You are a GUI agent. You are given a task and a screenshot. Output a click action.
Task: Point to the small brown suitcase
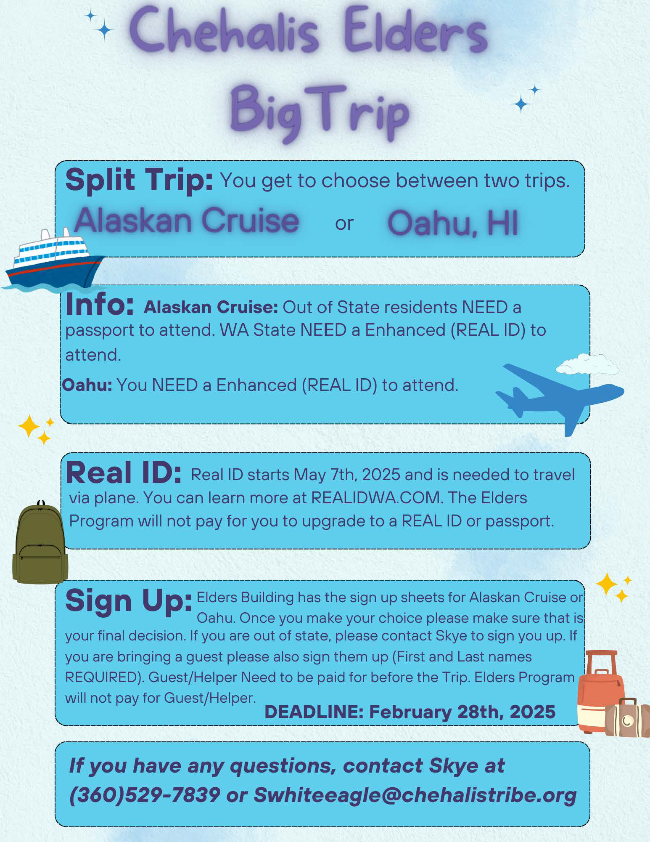[x=627, y=717]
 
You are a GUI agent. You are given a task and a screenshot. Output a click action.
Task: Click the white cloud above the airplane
[x=587, y=364]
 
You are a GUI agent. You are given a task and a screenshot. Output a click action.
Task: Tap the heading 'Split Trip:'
[x=139, y=180]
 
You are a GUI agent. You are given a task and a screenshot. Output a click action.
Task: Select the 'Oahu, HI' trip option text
[x=453, y=223]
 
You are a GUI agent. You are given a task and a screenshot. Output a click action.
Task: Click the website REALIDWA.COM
[x=377, y=498]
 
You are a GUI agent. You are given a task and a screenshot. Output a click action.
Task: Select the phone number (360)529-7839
[x=145, y=795]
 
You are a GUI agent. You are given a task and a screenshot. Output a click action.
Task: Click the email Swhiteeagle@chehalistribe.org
[x=415, y=795]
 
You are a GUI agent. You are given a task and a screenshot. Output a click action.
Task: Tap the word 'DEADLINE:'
[x=314, y=712]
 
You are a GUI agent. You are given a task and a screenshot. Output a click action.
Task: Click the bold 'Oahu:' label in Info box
[x=87, y=385]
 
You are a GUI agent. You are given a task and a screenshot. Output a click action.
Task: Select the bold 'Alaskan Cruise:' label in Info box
[x=211, y=307]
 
